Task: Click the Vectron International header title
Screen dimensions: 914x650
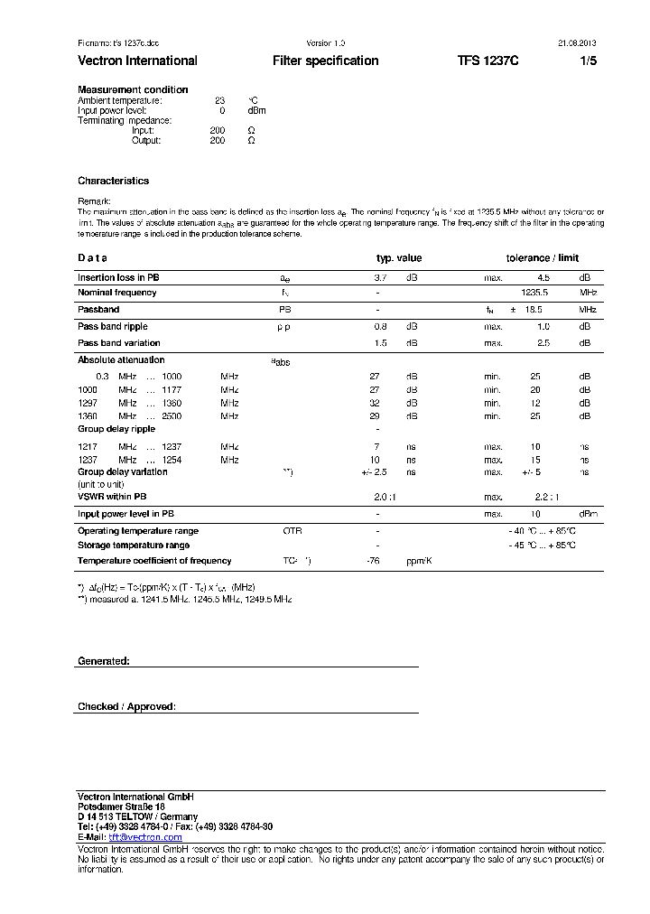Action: (137, 61)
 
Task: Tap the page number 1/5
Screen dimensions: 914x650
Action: (588, 61)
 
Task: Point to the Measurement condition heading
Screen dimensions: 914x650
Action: (133, 89)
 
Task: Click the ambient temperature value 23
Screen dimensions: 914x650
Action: (219, 100)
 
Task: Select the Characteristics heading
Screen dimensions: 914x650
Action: (113, 181)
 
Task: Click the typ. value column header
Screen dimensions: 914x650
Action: (399, 258)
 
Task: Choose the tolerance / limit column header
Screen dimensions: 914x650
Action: (542, 258)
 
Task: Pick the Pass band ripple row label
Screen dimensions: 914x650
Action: (113, 326)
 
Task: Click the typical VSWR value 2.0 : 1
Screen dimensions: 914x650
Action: (385, 497)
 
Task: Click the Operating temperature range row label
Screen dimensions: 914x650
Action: (138, 531)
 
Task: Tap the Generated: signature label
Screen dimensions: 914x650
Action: (104, 661)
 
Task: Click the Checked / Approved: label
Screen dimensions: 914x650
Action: (126, 706)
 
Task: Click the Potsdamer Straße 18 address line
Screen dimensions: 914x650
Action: (121, 807)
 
